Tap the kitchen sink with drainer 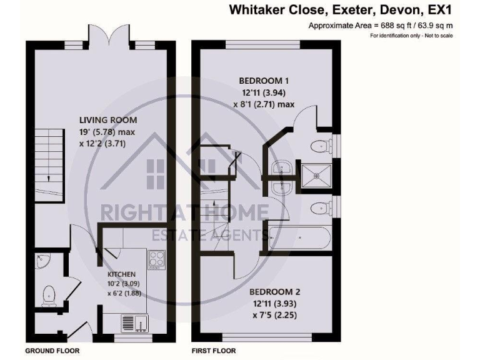134,322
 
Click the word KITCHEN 121,274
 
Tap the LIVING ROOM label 108,120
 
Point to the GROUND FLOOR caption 52,351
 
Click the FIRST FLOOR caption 214,351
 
